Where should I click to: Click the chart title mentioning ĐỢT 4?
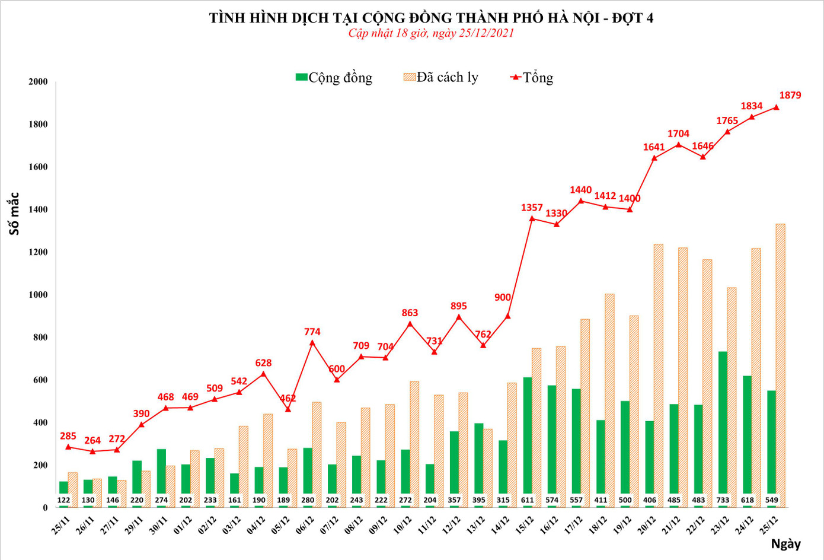431,18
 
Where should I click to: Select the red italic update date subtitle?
431,33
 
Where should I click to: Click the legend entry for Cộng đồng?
334,78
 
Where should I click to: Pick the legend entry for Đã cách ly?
441,77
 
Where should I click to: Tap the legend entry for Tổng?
532,78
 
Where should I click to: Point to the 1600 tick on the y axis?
38,167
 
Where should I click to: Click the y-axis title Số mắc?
14,214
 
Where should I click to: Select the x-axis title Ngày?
785,543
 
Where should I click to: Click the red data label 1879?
790,95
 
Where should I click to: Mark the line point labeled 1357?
532,218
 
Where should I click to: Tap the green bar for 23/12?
723,427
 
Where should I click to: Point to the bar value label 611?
527,500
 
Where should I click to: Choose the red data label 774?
312,332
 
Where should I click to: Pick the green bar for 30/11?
161,475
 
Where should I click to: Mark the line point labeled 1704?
678,144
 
